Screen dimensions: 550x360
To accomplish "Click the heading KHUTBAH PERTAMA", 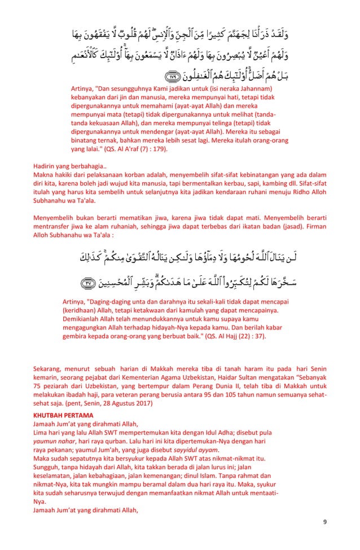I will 61,415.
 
